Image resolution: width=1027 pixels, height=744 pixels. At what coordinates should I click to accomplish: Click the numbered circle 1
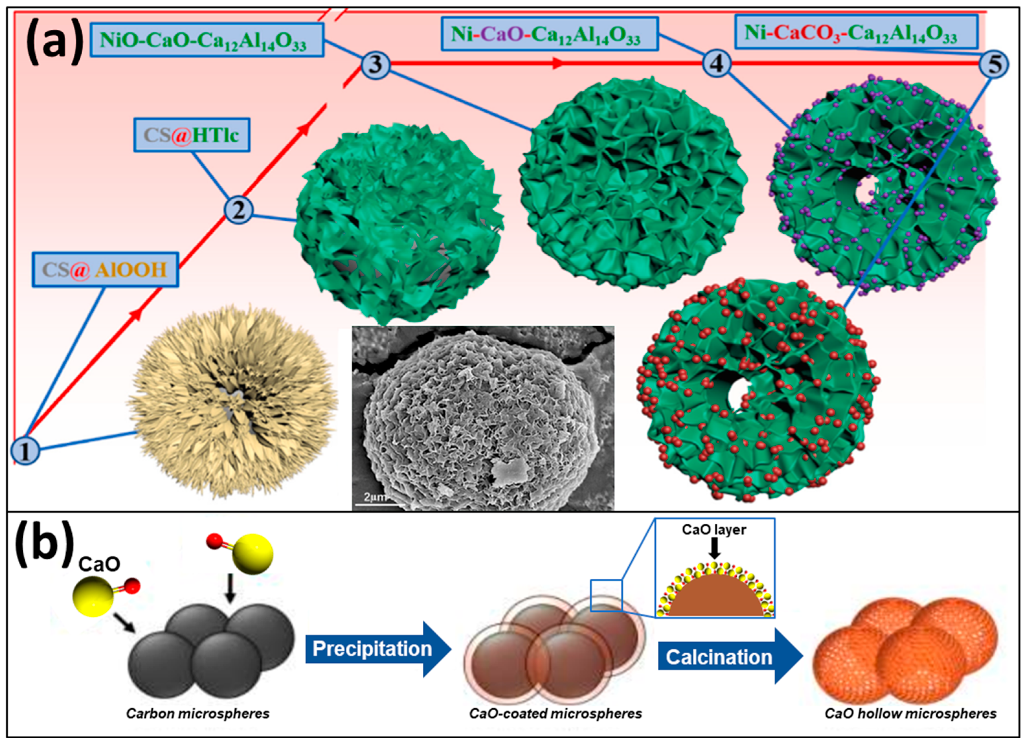(x=25, y=450)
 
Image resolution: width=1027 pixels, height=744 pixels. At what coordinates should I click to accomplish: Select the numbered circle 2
(x=239, y=210)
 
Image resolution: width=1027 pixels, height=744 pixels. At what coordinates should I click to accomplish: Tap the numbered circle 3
(x=376, y=64)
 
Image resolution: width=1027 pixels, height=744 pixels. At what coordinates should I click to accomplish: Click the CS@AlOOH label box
(x=105, y=270)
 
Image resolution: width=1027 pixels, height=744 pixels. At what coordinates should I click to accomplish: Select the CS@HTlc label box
(x=192, y=135)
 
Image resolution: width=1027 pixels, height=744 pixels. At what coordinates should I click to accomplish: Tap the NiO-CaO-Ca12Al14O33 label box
(x=207, y=40)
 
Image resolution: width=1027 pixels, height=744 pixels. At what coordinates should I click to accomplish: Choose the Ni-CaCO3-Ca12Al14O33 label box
(x=856, y=32)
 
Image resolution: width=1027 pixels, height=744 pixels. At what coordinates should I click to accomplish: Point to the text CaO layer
(x=714, y=529)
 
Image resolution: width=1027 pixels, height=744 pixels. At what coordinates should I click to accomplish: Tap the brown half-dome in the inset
(x=715, y=598)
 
